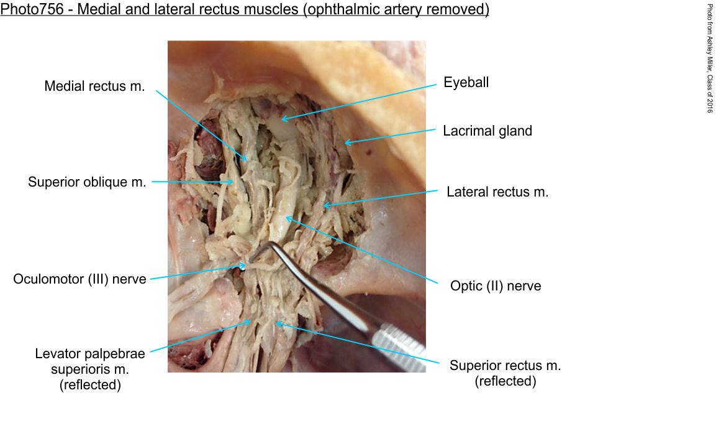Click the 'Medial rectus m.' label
click(94, 86)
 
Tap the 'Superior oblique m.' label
click(87, 182)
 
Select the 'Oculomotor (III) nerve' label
click(79, 279)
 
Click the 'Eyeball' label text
click(466, 82)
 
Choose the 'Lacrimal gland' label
click(487, 131)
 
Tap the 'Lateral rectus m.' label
click(497, 192)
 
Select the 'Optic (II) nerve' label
click(496, 285)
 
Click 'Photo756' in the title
click(32, 9)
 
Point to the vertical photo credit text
click(710, 58)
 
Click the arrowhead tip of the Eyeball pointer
click(282, 120)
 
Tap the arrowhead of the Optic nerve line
click(286, 218)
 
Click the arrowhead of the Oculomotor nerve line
click(245, 265)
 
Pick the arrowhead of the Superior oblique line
click(233, 182)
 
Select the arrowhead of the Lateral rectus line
click(324, 206)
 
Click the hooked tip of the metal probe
click(250, 261)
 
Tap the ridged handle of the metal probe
click(398, 346)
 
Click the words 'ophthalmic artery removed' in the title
click(396, 9)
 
